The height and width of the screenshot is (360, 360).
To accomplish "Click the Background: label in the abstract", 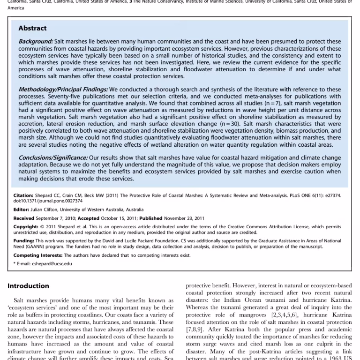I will click(x=36, y=42).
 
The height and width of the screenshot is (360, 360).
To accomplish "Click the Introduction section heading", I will click(x=28, y=285).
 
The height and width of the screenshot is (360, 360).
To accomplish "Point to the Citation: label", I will click(x=23, y=194).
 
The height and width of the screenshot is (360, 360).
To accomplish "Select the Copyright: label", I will click(x=25, y=226).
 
